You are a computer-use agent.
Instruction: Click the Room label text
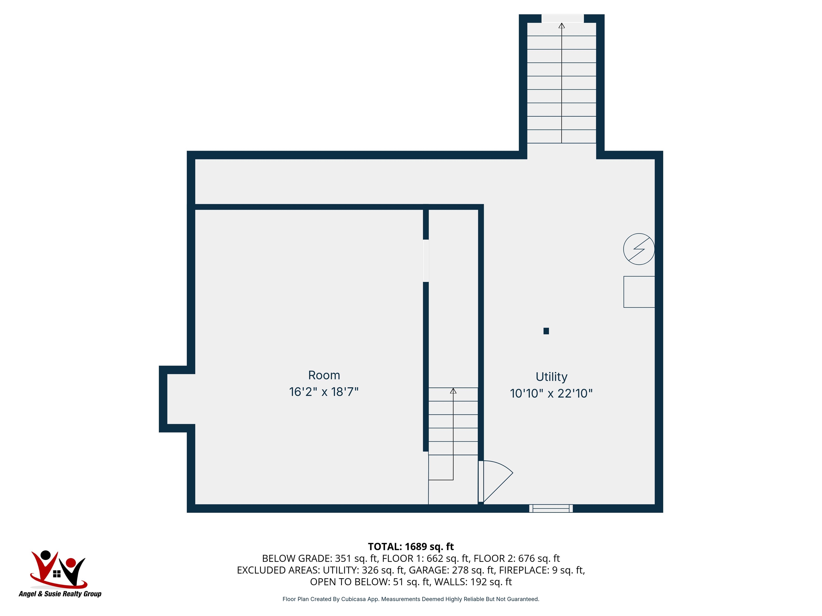coord(324,375)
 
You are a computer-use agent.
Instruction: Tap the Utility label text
coord(551,377)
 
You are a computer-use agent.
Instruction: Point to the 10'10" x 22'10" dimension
coord(551,394)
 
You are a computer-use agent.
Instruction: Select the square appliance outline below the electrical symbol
coord(639,292)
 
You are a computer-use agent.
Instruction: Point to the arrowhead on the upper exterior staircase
coord(561,26)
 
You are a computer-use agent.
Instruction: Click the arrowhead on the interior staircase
coord(453,391)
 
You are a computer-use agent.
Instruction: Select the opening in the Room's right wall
coord(426,261)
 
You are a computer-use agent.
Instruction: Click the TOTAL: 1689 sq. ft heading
coord(411,546)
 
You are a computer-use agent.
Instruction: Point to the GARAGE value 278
coord(460,570)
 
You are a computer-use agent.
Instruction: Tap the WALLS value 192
coord(479,582)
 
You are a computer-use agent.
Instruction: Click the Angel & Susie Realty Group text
coord(60,594)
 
